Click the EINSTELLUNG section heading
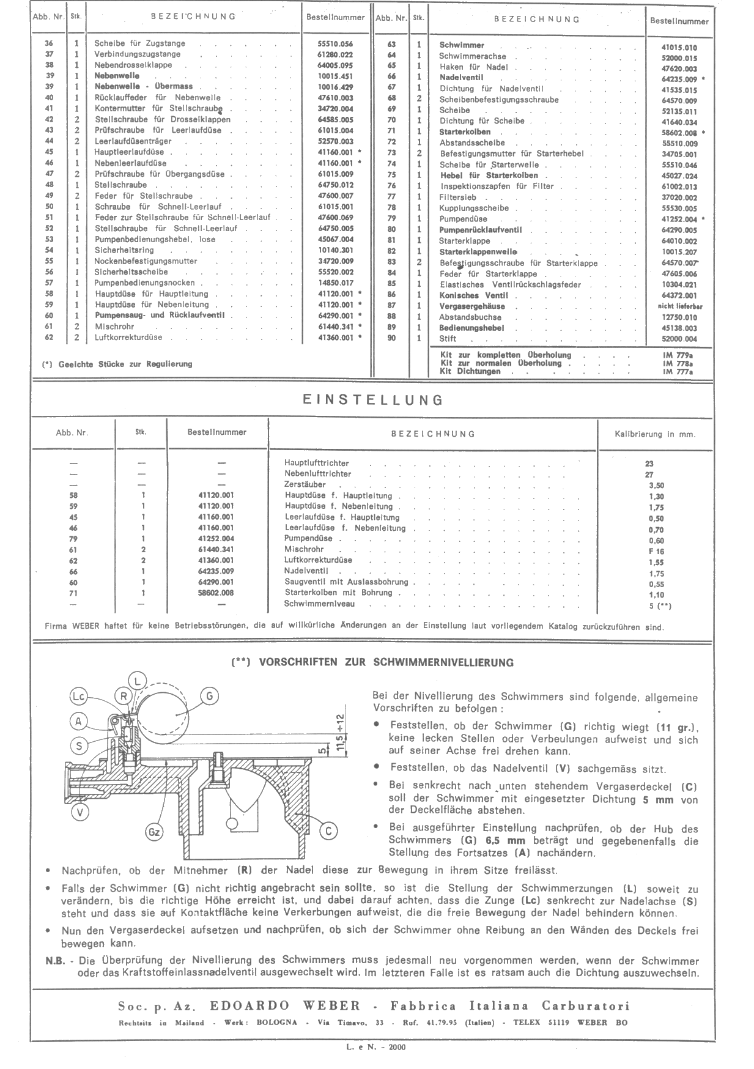[x=372, y=401]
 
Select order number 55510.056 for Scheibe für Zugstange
[x=335, y=43]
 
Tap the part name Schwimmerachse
[x=472, y=56]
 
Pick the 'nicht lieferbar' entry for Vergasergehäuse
[x=679, y=306]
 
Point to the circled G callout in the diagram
[x=209, y=695]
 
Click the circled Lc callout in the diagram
[x=78, y=696]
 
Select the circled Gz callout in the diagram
[x=154, y=832]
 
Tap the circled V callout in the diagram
[x=81, y=812]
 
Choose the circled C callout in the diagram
[x=328, y=830]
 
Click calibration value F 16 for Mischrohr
[x=656, y=551]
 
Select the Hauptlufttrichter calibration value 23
[x=649, y=464]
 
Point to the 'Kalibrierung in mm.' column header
[x=654, y=434]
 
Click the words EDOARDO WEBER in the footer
[x=285, y=1006]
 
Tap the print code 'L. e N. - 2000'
[x=375, y=1046]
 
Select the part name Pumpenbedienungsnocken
[x=144, y=283]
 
